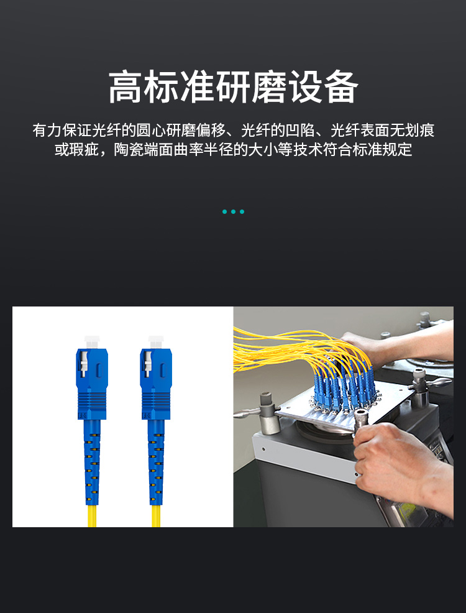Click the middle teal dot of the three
tap(233, 212)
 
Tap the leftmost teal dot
tap(224, 212)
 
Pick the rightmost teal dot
tap(242, 212)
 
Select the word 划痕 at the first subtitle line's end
tap(419, 130)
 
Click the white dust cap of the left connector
tap(92, 342)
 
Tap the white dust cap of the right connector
tap(156, 342)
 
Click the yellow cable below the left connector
tap(92, 515)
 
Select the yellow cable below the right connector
tap(156, 515)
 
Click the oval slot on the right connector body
tap(163, 370)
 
